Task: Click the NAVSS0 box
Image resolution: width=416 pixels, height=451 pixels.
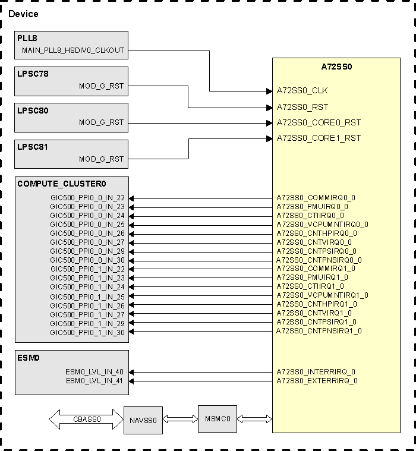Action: click(143, 420)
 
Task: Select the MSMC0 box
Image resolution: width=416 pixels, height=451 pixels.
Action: click(218, 419)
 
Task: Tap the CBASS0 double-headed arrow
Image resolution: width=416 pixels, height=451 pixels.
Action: click(86, 420)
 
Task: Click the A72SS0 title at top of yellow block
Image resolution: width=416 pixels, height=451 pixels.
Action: click(336, 67)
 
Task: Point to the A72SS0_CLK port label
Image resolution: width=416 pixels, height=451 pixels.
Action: click(302, 91)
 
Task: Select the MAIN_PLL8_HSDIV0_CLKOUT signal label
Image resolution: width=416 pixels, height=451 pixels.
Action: click(73, 51)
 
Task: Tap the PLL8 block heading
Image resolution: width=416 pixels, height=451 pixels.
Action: click(27, 39)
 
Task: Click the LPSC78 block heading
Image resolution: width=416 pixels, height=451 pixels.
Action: click(33, 74)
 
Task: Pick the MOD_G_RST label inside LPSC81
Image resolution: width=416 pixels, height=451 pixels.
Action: click(102, 159)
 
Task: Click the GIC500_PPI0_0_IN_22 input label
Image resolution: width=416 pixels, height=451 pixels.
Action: click(87, 198)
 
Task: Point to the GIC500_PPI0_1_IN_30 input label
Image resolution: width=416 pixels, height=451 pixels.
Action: click(87, 332)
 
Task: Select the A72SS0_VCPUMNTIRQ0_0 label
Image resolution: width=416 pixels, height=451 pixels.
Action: click(322, 225)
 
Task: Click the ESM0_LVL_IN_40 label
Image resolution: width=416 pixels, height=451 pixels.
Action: click(94, 372)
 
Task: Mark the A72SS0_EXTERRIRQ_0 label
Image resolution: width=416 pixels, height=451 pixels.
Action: click(317, 381)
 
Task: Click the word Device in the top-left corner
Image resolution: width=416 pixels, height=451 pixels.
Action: click(23, 14)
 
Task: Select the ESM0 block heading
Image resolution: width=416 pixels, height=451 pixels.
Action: click(29, 358)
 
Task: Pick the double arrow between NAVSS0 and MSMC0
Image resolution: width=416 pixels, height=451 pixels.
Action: click(180, 420)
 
